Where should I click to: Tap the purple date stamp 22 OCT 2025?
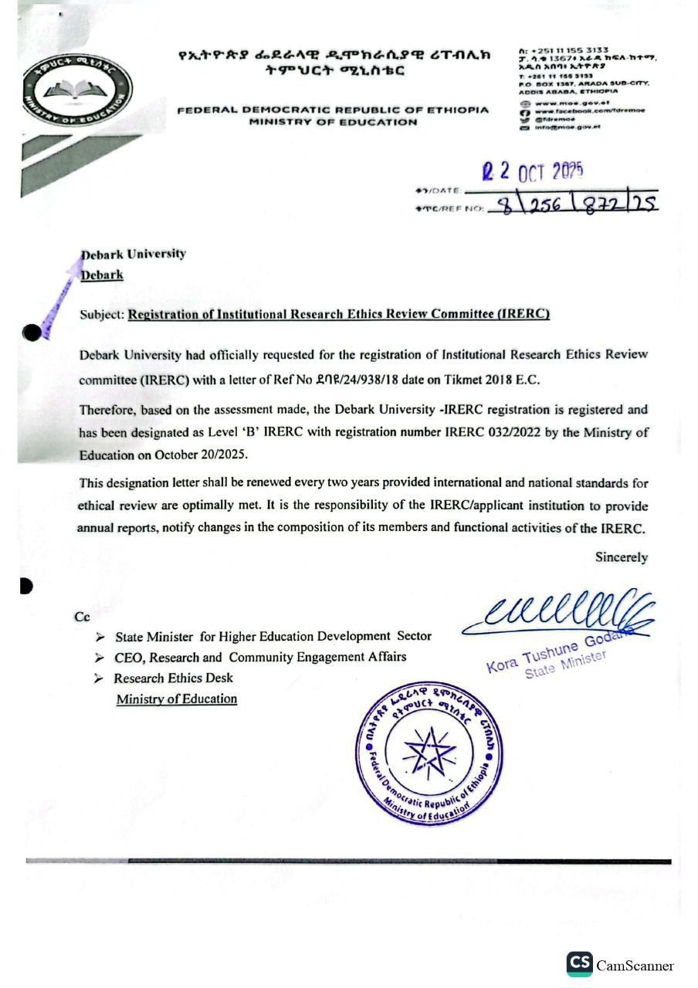click(533, 170)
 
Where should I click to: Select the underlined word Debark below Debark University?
click(102, 275)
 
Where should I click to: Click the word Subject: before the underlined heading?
click(102, 314)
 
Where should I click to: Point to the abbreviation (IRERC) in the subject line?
click(523, 314)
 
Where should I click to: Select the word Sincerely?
click(621, 557)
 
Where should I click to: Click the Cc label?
click(83, 617)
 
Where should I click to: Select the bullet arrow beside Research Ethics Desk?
click(98, 678)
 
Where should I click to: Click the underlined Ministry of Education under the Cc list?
click(176, 699)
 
